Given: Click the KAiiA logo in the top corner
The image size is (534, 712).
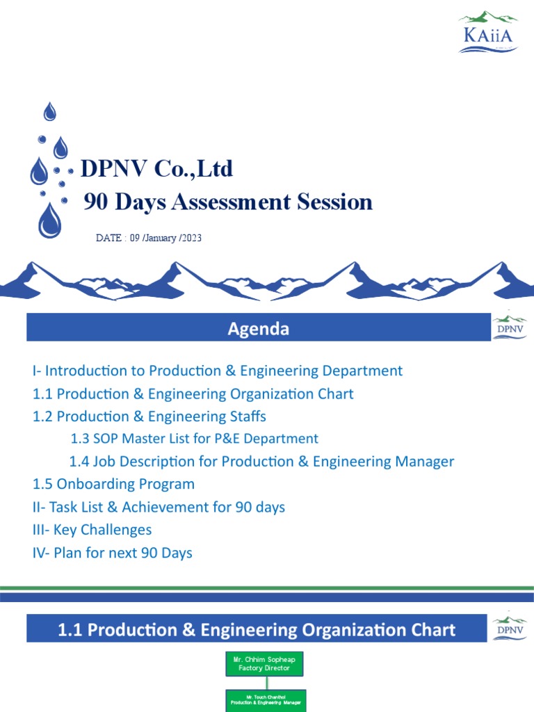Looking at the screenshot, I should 487,32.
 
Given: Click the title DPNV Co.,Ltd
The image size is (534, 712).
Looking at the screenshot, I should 157,168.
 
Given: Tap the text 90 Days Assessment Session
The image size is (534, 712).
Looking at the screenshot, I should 228,202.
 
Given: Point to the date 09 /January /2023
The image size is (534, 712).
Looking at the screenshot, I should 149,238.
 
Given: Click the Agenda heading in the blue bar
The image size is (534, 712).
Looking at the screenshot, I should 258,329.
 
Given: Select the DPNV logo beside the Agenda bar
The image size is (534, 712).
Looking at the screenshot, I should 510,327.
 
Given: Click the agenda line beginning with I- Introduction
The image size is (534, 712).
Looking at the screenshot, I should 217,371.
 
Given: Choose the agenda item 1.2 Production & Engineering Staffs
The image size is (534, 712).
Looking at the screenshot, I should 149,416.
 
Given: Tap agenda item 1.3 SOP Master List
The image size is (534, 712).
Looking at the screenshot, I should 195,439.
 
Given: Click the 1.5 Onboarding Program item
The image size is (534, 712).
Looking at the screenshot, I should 114,484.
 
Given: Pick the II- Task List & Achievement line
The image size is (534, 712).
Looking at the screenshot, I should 159,507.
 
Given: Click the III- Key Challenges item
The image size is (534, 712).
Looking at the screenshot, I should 92,530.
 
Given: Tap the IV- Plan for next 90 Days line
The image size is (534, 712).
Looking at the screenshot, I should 113,553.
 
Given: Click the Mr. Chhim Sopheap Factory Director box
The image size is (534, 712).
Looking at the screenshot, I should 265,664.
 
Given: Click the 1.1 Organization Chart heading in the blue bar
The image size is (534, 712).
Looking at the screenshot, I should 257,630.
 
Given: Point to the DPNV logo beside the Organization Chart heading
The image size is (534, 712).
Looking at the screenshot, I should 510,629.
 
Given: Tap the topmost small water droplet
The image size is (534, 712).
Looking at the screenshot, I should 50,111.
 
